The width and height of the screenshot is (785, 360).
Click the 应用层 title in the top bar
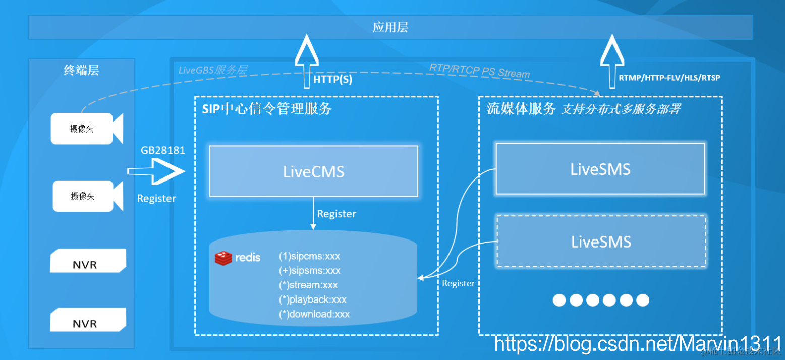[390, 27]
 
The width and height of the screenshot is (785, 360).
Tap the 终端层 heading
[81, 70]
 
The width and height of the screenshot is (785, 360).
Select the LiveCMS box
[313, 171]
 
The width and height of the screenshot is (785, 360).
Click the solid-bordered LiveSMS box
[600, 169]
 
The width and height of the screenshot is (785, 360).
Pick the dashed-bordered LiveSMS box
[601, 242]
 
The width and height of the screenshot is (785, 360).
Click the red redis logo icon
[223, 258]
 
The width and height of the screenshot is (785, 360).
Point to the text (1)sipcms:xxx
[309, 256]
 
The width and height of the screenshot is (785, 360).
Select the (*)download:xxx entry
[314, 314]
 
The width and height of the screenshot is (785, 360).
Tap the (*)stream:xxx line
[308, 285]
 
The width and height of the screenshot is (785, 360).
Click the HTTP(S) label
[332, 80]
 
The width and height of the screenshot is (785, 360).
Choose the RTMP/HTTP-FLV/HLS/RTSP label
[669, 78]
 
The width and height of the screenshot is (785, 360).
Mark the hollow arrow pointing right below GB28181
[157, 172]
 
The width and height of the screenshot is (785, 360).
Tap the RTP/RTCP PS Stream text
[479, 71]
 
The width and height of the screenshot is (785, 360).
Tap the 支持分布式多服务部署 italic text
[620, 109]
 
